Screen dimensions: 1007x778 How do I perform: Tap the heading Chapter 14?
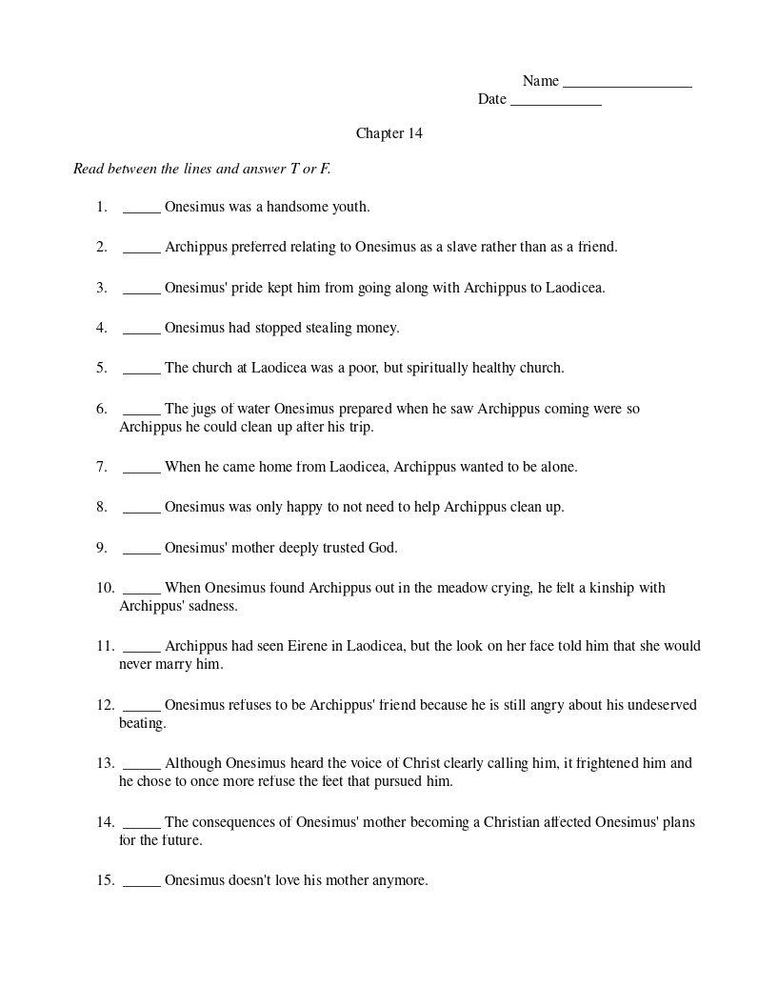coord(389,133)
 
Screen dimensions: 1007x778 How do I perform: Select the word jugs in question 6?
coord(206,410)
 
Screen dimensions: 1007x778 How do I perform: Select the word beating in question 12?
coord(143,723)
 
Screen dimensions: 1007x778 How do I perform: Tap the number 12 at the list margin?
coord(105,706)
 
